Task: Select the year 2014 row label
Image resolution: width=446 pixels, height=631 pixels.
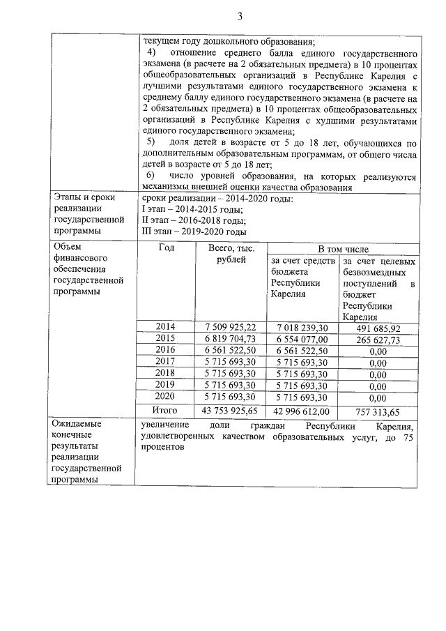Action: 165,326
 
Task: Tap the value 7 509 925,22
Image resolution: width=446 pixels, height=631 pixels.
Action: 231,327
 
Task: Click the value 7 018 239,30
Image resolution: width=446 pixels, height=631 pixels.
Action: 302,327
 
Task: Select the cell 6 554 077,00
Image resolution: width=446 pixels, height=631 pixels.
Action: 302,339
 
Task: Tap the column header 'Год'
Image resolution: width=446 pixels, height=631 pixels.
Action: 166,247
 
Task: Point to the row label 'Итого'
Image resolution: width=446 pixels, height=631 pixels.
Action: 166,410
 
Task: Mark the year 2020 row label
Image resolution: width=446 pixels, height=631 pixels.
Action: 165,397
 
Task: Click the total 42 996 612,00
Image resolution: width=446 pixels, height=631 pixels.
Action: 302,411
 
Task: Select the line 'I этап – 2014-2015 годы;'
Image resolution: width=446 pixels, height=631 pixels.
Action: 192,210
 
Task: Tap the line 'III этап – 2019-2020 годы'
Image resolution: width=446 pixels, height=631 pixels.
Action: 194,231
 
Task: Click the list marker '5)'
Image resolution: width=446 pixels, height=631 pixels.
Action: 149,143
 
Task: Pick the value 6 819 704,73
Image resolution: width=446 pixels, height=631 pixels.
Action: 231,339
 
